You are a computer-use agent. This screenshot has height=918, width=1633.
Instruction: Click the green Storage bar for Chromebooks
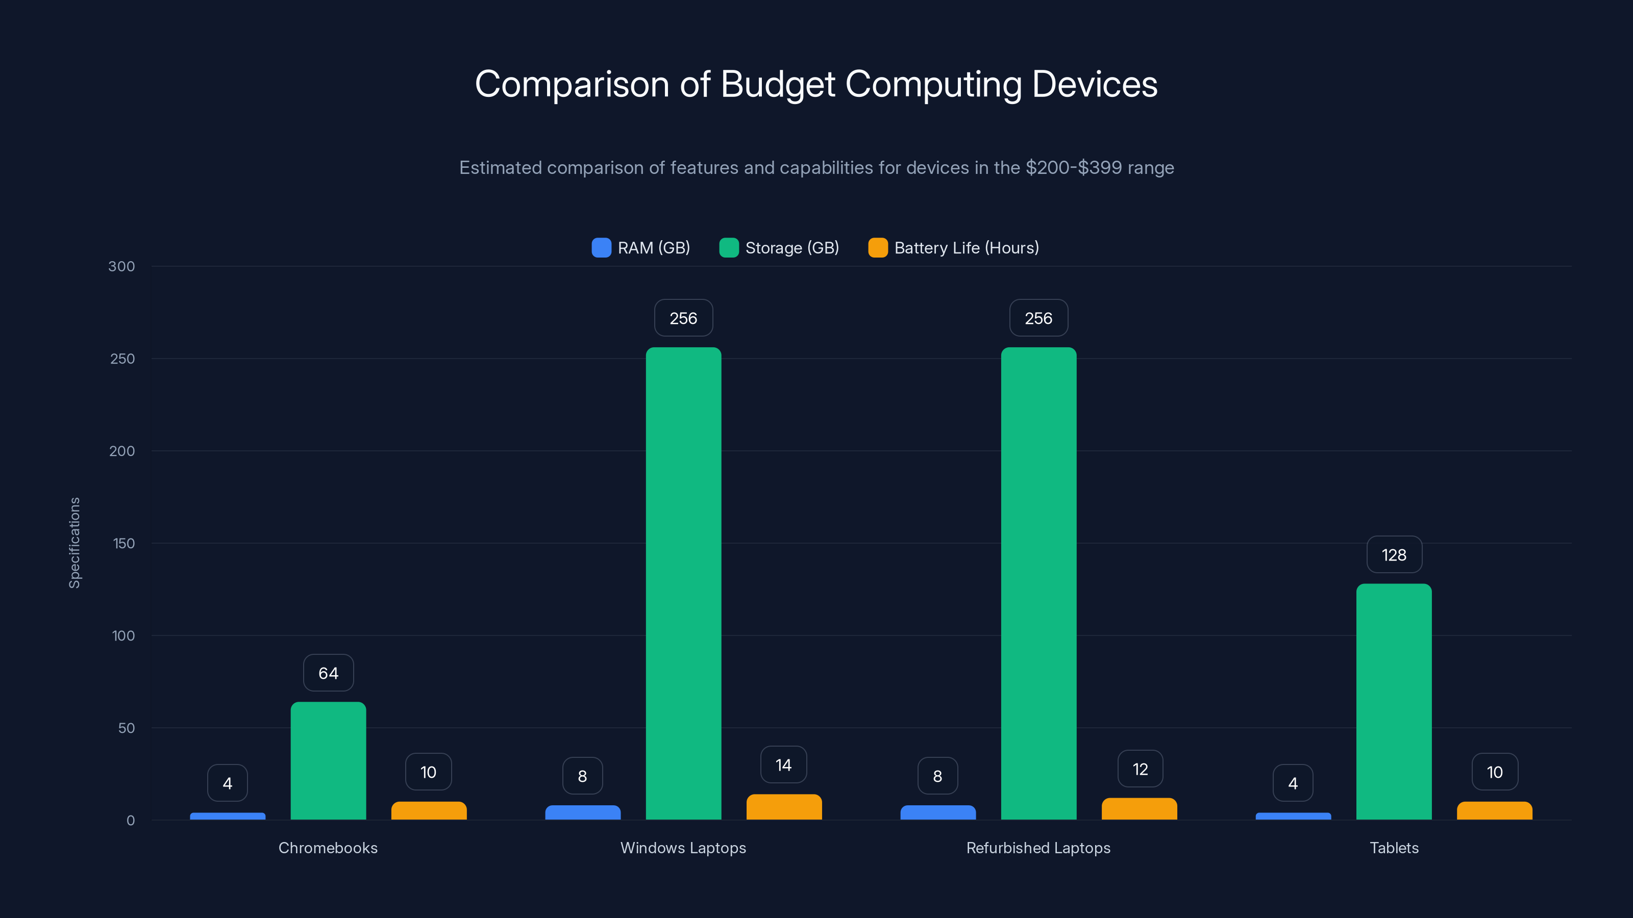328,760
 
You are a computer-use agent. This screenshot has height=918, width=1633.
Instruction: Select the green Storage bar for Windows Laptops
683,583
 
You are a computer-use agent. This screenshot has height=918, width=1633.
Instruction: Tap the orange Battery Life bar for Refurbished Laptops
1139,809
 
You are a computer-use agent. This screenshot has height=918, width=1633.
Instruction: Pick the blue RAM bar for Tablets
1293,816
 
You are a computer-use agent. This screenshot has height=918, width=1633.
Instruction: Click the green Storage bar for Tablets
1394,701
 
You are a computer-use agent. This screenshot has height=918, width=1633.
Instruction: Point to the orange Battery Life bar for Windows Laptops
784,807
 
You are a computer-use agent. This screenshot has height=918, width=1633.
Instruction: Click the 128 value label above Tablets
1394,555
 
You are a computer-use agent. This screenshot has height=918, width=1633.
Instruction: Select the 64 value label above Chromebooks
328,673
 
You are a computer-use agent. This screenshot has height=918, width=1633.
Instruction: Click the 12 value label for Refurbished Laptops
1140,769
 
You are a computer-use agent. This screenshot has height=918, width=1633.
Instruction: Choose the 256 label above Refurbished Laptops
1038,318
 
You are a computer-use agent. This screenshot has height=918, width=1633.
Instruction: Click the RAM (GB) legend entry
641,248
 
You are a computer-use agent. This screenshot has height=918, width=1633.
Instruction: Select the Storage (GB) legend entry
779,248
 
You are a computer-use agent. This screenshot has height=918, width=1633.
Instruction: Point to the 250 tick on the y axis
122,359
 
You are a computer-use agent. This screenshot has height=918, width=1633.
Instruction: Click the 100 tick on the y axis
123,635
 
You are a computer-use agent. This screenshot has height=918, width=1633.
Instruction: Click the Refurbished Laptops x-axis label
1038,848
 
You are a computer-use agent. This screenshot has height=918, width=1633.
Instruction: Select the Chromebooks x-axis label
328,848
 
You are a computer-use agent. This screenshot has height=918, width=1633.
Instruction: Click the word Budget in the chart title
778,84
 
